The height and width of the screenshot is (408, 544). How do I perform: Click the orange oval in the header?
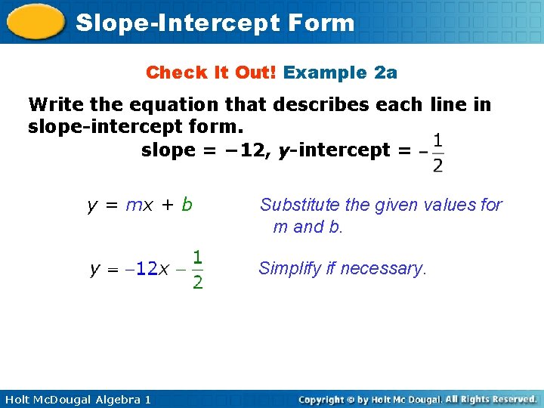click(x=36, y=23)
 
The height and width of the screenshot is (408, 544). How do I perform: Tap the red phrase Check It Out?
click(x=212, y=73)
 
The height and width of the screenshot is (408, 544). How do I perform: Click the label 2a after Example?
click(x=385, y=73)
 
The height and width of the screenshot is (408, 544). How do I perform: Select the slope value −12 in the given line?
click(x=246, y=150)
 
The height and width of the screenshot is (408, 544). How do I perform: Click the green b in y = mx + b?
click(x=187, y=205)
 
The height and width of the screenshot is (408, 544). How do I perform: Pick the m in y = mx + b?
click(x=132, y=205)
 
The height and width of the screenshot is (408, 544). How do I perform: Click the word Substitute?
click(x=297, y=205)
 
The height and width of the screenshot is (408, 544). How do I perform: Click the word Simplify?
click(x=288, y=268)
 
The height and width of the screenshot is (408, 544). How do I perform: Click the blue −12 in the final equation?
click(x=141, y=269)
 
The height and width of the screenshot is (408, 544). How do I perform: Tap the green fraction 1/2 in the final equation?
click(x=197, y=270)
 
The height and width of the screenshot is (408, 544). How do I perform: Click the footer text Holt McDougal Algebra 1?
click(x=76, y=399)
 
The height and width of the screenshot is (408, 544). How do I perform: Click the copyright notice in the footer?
click(x=417, y=399)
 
